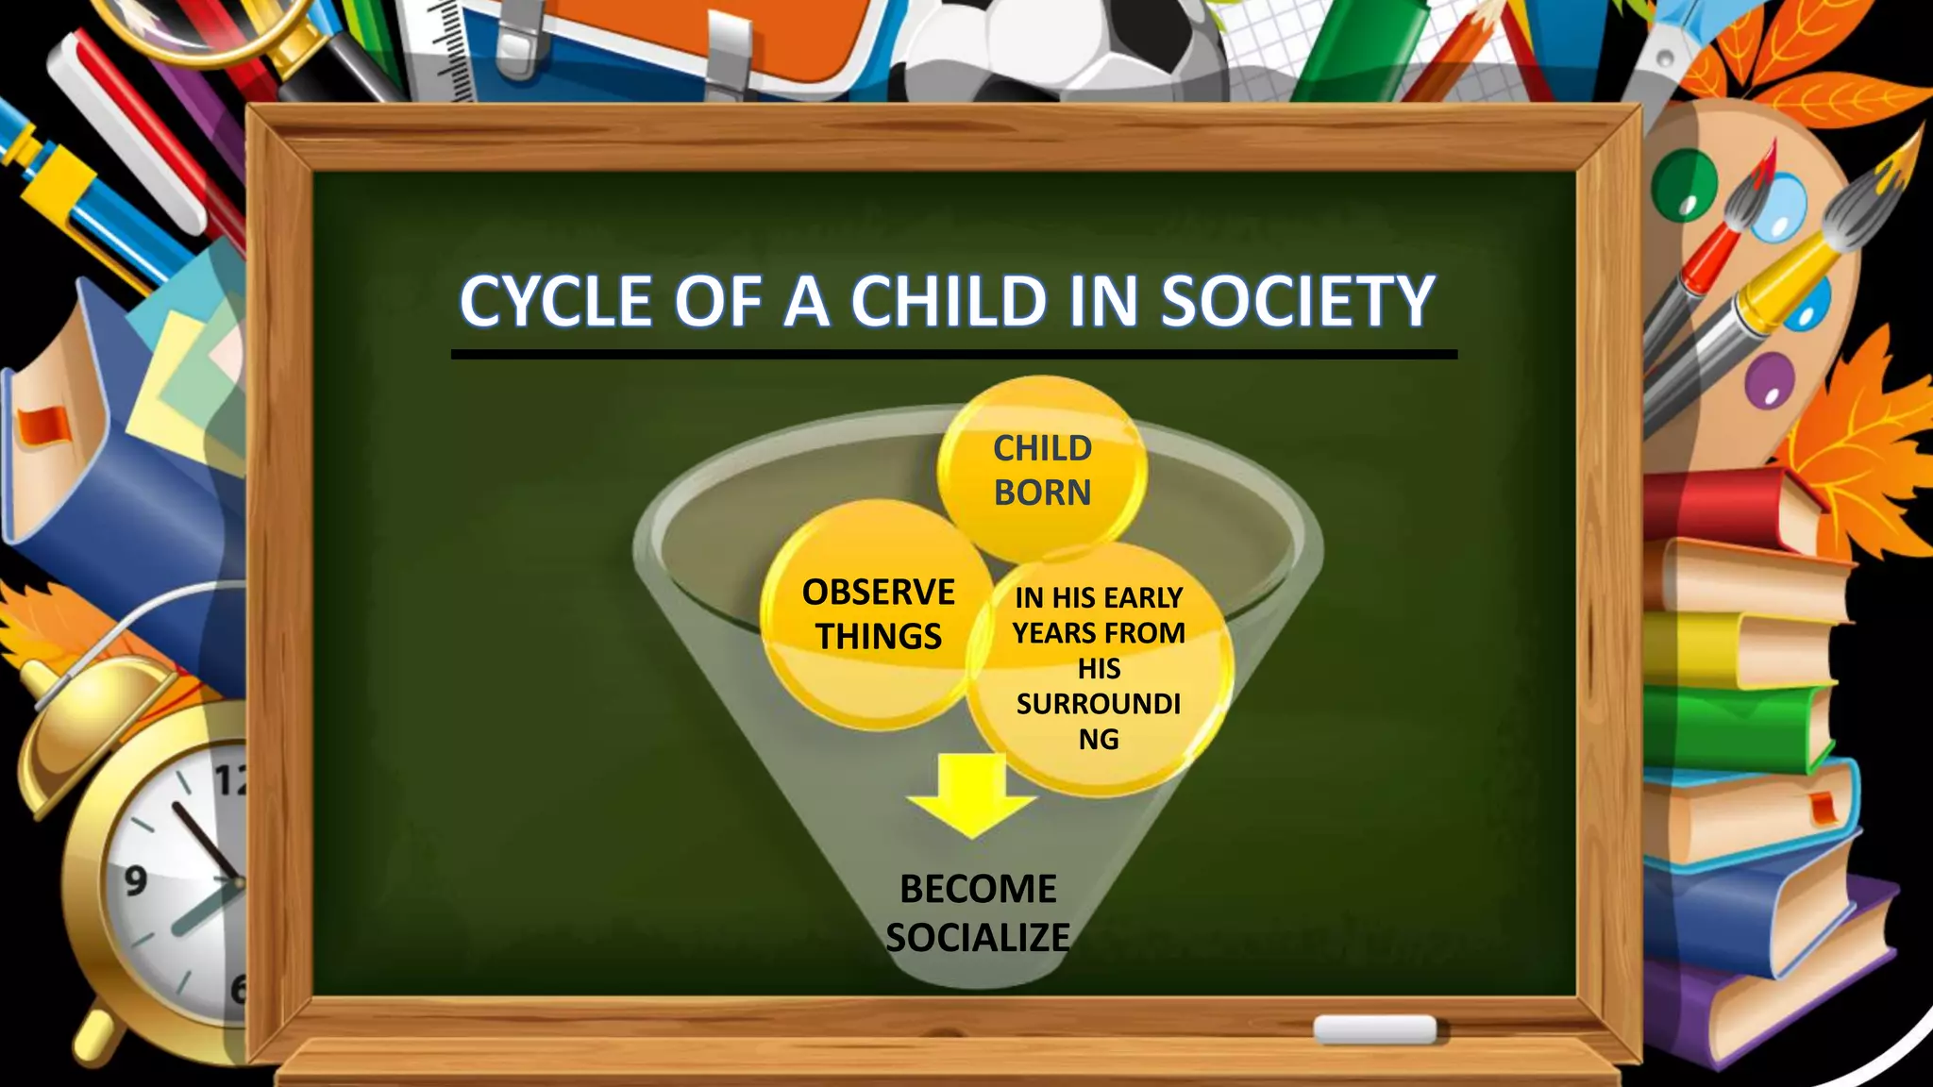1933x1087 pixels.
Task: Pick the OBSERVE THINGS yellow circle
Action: point(878,614)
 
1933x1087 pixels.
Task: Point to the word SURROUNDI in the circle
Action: point(1099,704)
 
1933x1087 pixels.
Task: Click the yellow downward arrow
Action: point(971,794)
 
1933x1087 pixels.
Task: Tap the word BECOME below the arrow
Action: point(978,889)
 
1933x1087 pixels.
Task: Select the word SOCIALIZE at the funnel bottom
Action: point(978,938)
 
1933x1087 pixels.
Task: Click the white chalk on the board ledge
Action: point(1374,1029)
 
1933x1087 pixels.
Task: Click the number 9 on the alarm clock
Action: point(136,881)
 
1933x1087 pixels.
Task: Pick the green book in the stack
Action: point(1727,727)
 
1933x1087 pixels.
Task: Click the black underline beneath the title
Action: point(953,355)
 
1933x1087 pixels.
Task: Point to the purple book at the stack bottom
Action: point(1774,981)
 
